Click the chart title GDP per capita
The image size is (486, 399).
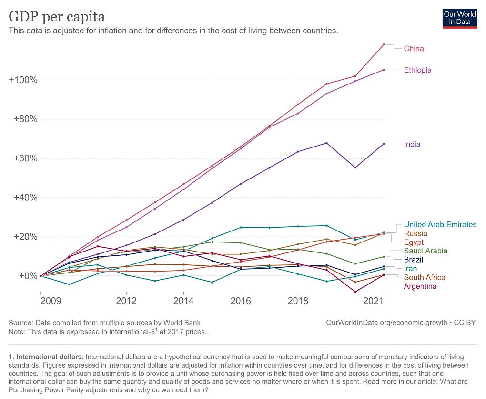(57, 17)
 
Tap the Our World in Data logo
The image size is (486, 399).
(460, 18)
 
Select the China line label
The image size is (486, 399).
(414, 49)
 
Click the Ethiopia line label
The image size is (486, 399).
(417, 70)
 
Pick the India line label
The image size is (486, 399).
(412, 144)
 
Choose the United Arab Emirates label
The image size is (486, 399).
(440, 224)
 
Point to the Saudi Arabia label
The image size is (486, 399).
(425, 251)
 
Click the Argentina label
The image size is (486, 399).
(420, 286)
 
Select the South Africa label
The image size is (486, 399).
(424, 278)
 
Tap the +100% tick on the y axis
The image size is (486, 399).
(23, 80)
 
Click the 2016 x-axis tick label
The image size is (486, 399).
(241, 301)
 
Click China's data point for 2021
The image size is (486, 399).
(384, 44)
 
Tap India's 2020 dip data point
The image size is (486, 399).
(355, 168)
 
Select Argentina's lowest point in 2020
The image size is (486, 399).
(355, 292)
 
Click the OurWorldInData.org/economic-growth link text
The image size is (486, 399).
(386, 323)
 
